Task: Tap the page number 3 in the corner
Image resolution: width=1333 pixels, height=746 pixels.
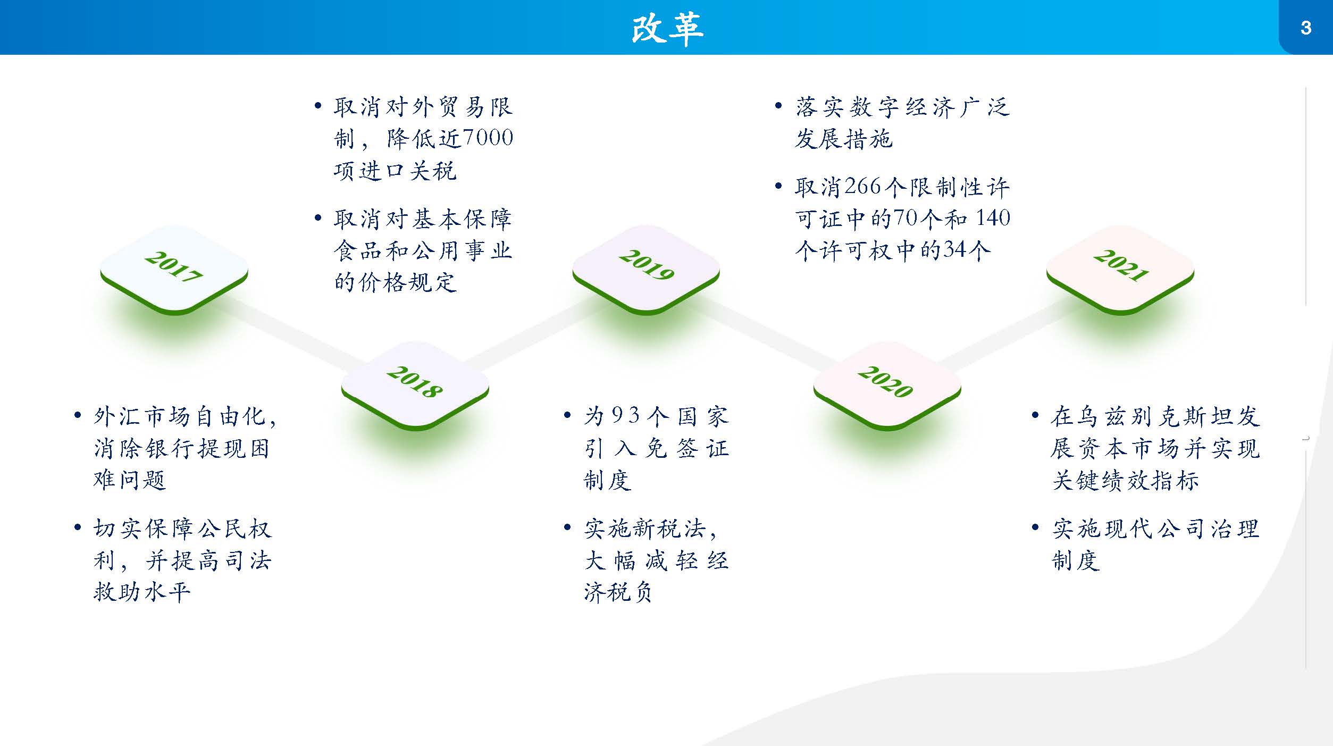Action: coord(1306,28)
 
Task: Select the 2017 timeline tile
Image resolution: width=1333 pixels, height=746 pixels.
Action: coord(174,270)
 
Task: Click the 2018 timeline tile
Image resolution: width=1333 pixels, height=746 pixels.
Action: coord(415,385)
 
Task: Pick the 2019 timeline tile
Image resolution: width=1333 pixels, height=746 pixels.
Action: coord(646,270)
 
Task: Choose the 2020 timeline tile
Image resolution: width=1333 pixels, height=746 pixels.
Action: coord(887,385)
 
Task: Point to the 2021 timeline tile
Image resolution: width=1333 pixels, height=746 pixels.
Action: coord(1120,270)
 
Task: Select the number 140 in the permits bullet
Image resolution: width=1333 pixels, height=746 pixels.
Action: coord(993,218)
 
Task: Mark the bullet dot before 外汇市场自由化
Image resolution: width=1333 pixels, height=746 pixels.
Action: coord(78,415)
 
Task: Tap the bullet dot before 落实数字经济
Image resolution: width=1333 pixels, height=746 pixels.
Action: coord(778,105)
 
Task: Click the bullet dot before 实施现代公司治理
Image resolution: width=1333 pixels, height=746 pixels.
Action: coord(1035,527)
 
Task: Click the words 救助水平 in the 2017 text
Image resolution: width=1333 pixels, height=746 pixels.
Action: coord(141,591)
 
